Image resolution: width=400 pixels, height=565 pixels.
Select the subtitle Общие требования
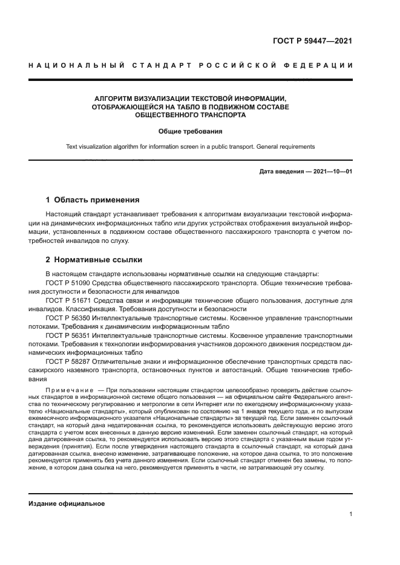click(191, 131)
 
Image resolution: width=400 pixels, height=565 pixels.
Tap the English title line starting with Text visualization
click(191, 146)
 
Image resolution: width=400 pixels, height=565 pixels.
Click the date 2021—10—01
click(332, 172)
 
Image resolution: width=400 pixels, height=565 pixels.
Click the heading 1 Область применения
click(93, 199)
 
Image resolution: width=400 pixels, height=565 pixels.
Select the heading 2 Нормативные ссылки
click(94, 260)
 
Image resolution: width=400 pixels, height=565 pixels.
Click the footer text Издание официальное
click(67, 503)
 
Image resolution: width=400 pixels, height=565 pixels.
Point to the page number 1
click(351, 514)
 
